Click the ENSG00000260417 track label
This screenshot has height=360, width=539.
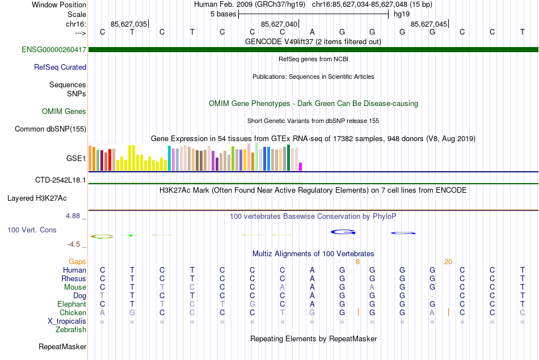tap(54, 50)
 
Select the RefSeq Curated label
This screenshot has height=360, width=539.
tap(60, 67)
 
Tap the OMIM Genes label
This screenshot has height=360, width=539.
tap(64, 111)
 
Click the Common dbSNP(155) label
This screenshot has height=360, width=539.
tap(50, 129)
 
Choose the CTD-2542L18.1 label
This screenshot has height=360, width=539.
tap(61, 180)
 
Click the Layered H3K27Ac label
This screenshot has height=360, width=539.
tap(37, 198)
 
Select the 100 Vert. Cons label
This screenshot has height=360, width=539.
tap(32, 230)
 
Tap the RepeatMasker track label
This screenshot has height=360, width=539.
tap(62, 346)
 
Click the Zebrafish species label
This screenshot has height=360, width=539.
tap(71, 329)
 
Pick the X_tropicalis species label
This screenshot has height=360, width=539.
tap(67, 321)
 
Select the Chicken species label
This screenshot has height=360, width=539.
tap(72, 312)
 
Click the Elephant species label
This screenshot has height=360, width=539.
tap(71, 304)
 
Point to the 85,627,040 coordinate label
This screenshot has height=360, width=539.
tap(279, 24)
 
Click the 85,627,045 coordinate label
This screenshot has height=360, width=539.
tap(428, 24)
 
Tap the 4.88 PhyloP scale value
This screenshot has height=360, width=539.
tap(74, 216)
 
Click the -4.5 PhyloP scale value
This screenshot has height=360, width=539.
tap(75, 244)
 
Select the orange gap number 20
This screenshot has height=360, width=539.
tap(448, 261)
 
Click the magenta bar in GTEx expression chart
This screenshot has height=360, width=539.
tap(301, 166)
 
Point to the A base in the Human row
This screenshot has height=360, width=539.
tap(312, 270)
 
